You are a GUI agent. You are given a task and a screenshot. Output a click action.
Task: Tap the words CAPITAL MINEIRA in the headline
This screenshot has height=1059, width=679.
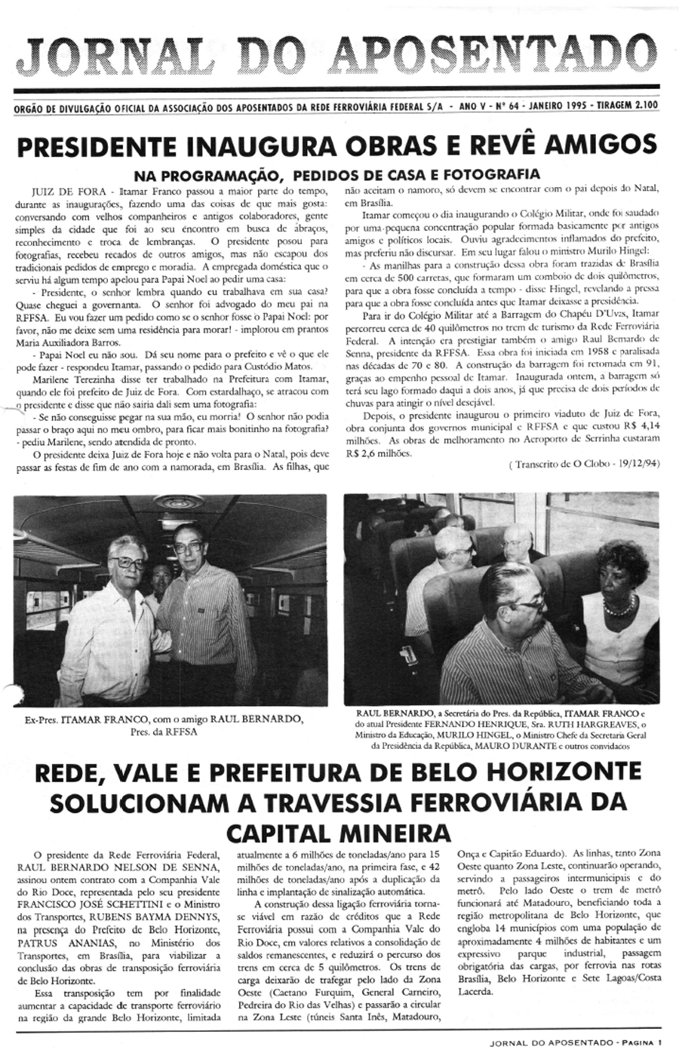pyautogui.click(x=339, y=833)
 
